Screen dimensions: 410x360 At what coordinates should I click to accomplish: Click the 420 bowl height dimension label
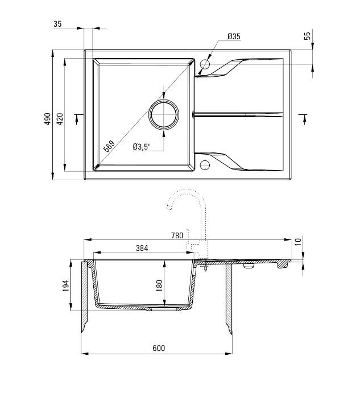tap(59, 118)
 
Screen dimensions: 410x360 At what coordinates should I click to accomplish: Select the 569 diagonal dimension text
tap(109, 146)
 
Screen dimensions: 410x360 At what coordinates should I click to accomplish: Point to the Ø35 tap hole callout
tap(234, 36)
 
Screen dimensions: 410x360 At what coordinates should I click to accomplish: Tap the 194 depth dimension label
tap(65, 285)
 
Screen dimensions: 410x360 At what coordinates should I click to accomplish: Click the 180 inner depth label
tap(159, 284)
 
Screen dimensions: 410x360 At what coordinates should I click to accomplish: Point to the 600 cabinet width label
tap(159, 348)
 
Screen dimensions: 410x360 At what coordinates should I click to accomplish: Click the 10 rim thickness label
tap(298, 241)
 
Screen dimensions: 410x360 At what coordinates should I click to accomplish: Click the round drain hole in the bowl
tap(164, 114)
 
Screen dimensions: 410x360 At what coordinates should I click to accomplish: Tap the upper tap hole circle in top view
tap(205, 65)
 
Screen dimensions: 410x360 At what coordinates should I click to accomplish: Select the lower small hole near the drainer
tap(205, 165)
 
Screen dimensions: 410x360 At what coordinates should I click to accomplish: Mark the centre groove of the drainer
tap(239, 114)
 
